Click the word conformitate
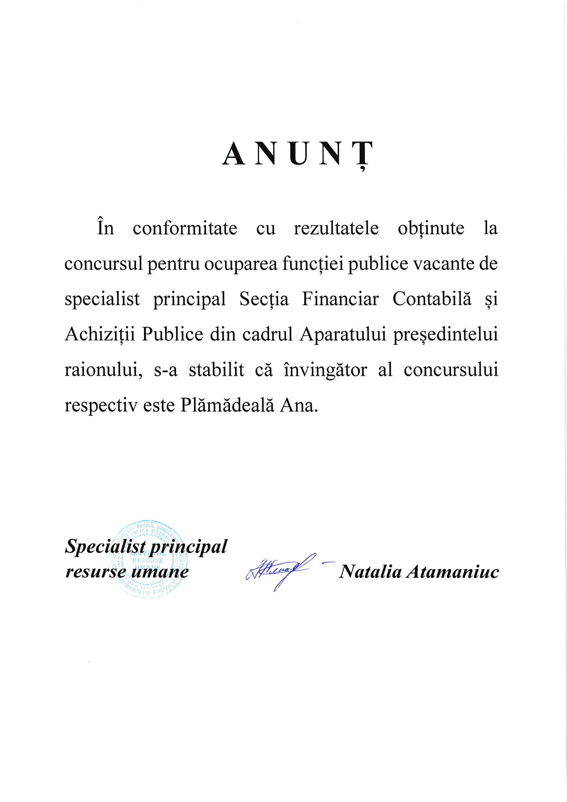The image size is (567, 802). click(185, 229)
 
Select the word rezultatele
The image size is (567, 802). click(336, 229)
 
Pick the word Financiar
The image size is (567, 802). click(340, 300)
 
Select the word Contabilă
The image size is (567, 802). click(432, 300)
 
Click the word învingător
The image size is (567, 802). click(325, 371)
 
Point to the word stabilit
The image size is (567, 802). click(216, 371)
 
